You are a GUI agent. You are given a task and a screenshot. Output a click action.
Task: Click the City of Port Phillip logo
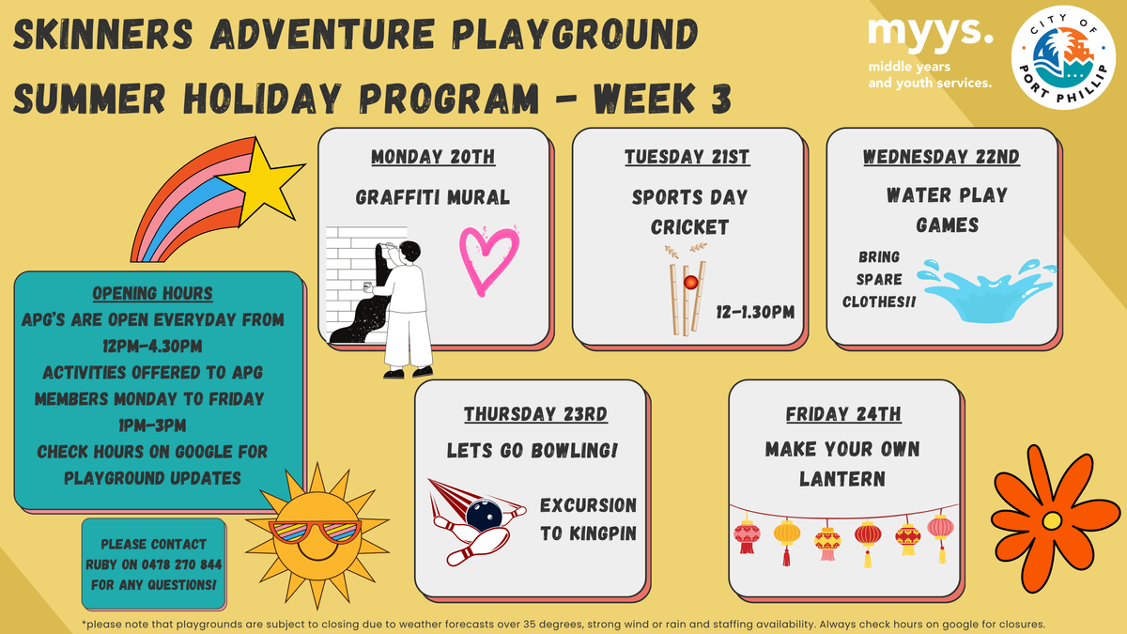(x=1063, y=57)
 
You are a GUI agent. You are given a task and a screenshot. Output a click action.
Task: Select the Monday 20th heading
(x=433, y=157)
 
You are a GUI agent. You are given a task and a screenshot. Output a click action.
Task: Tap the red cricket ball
(x=690, y=283)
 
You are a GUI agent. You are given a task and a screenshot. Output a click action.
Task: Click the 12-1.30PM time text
(x=755, y=312)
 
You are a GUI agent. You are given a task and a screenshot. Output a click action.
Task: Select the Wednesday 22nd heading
(x=941, y=157)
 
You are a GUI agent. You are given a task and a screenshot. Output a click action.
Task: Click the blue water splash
(x=987, y=291)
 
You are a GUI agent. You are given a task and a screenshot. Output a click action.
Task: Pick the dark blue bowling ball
(x=484, y=515)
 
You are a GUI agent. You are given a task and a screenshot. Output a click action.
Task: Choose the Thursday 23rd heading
(x=535, y=414)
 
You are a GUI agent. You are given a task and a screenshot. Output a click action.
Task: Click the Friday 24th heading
(x=843, y=414)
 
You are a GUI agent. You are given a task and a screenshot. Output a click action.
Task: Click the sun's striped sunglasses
(x=315, y=533)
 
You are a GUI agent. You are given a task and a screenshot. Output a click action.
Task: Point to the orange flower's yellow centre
(x=1052, y=520)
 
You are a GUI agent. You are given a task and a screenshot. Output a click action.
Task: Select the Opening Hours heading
(x=152, y=293)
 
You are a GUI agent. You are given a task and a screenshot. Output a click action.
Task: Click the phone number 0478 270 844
(x=181, y=564)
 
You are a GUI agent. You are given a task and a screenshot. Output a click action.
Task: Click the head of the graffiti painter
(x=409, y=252)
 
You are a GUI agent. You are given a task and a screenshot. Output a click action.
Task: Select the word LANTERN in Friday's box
(x=842, y=478)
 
